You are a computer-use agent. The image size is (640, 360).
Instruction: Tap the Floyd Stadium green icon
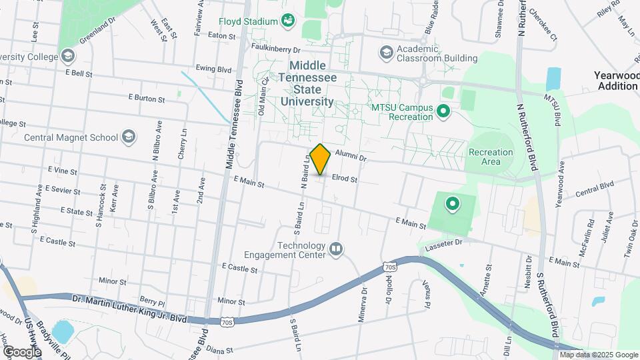pyautogui.click(x=288, y=21)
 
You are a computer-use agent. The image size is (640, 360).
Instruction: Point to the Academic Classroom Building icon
pyautogui.click(x=386, y=52)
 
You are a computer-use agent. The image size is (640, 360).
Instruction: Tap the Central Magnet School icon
pyautogui.click(x=129, y=138)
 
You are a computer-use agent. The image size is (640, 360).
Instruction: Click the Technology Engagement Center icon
pyautogui.click(x=336, y=249)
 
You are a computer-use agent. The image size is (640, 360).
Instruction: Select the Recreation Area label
pyautogui.click(x=491, y=157)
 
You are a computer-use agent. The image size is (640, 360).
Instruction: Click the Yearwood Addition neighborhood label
pyautogui.click(x=617, y=81)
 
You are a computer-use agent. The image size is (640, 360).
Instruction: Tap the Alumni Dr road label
pyautogui.click(x=351, y=157)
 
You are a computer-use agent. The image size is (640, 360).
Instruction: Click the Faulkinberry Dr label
pyautogui.click(x=277, y=49)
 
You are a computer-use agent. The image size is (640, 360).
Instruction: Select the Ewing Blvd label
pyautogui.click(x=213, y=69)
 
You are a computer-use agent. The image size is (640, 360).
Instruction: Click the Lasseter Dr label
pyautogui.click(x=443, y=244)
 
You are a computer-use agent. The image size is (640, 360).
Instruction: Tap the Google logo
pyautogui.click(x=22, y=351)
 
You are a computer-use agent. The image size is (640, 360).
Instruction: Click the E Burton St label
pyautogui.click(x=146, y=99)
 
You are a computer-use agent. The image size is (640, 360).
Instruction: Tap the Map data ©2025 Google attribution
pyautogui.click(x=598, y=355)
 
